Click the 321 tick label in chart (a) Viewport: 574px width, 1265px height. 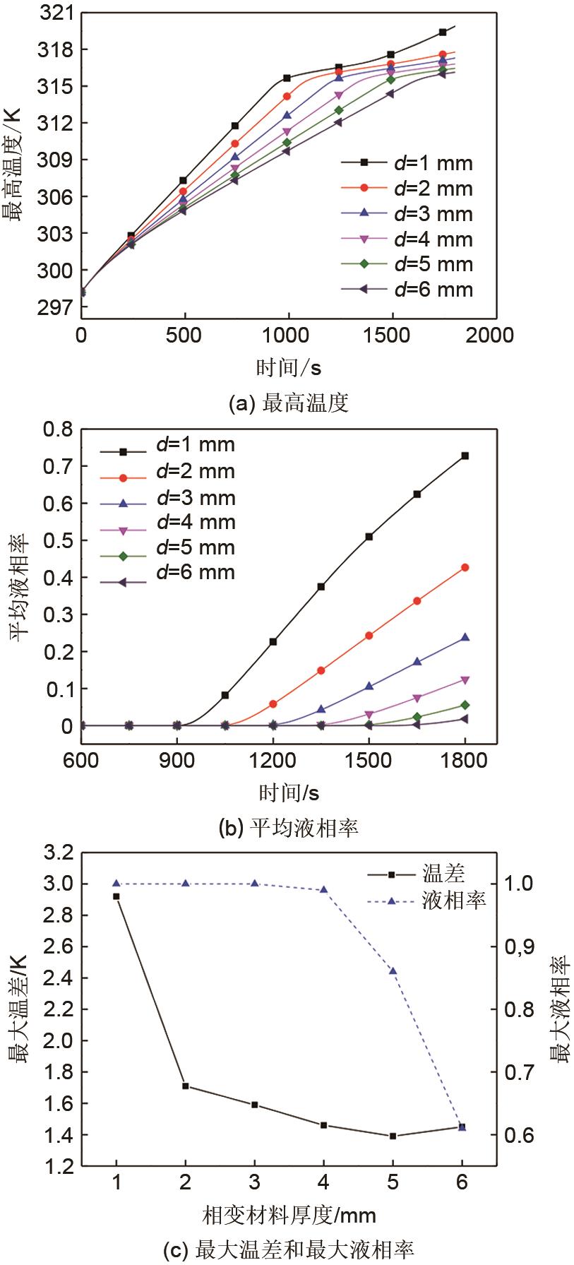click(x=59, y=13)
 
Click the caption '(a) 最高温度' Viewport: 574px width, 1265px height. click(x=289, y=403)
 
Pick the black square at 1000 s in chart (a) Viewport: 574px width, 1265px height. click(x=287, y=78)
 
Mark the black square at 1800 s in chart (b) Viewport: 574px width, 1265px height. click(x=465, y=456)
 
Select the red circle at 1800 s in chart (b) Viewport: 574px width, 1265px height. click(x=465, y=567)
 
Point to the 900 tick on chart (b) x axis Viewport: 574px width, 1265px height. click(x=177, y=760)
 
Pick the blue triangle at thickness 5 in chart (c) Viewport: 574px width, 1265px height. click(x=393, y=970)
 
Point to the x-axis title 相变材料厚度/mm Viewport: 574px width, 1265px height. click(x=289, y=1215)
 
